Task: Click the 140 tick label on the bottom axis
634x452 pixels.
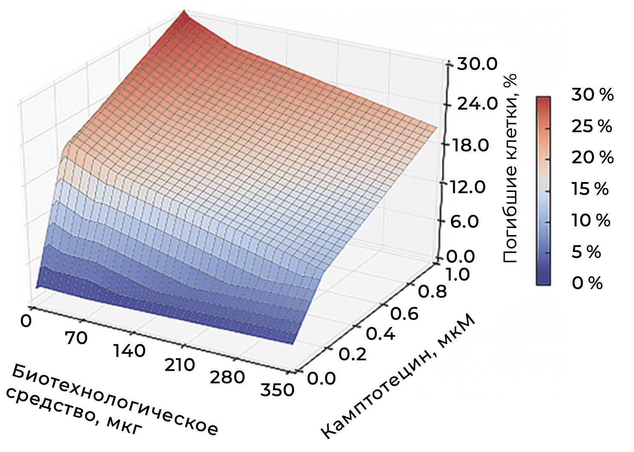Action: pos(129,351)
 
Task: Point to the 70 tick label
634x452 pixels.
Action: pos(76,338)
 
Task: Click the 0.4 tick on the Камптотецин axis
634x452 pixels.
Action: pos(380,334)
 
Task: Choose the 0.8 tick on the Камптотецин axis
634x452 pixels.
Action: pos(432,292)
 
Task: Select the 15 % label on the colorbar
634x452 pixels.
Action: pos(590,189)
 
